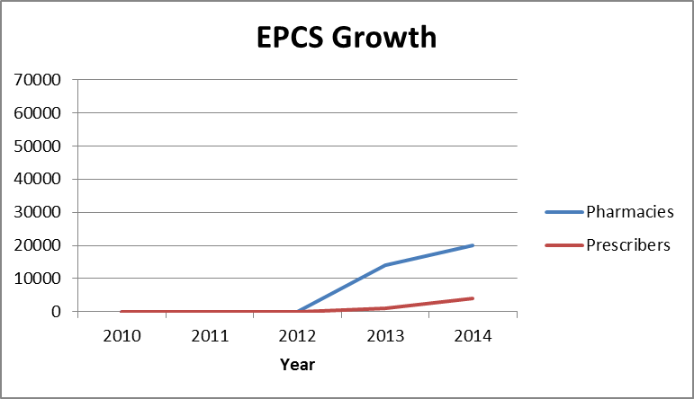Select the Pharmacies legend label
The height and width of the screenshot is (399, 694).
(629, 212)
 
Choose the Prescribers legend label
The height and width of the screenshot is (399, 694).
(627, 245)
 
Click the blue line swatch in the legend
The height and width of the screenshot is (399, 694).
(563, 212)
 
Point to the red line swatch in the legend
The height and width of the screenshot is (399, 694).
(563, 245)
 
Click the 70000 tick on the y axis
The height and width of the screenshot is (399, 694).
(39, 80)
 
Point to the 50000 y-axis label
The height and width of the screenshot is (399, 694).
(39, 146)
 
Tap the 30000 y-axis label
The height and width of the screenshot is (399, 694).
(39, 213)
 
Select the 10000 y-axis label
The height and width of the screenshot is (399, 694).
(39, 279)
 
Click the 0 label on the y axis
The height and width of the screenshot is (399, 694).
(56, 312)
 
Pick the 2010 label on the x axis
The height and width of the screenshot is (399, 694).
(121, 336)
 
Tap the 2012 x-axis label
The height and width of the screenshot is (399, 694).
(297, 336)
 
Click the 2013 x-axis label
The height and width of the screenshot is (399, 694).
(385, 336)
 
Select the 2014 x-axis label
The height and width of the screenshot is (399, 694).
(473, 336)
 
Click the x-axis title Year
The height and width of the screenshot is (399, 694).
(297, 365)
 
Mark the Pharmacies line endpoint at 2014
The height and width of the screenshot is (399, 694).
(473, 245)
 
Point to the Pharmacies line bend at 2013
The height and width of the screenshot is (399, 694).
(385, 265)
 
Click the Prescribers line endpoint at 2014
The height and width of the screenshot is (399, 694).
(473, 298)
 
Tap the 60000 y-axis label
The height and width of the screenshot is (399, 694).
(39, 113)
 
